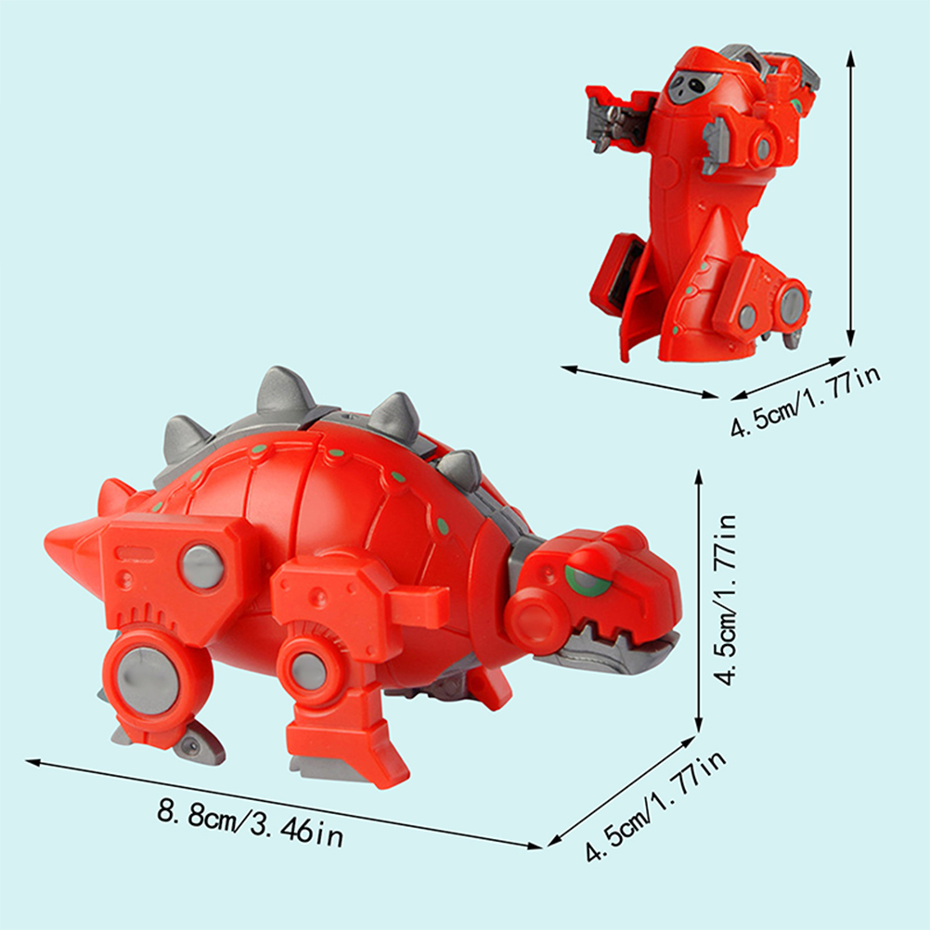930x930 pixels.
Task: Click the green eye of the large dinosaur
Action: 583,578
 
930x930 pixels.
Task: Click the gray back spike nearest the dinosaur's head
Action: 461,469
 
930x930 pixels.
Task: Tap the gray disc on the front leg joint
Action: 308,670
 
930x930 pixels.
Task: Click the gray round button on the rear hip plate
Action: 202,565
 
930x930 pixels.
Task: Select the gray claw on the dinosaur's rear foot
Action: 197,743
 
